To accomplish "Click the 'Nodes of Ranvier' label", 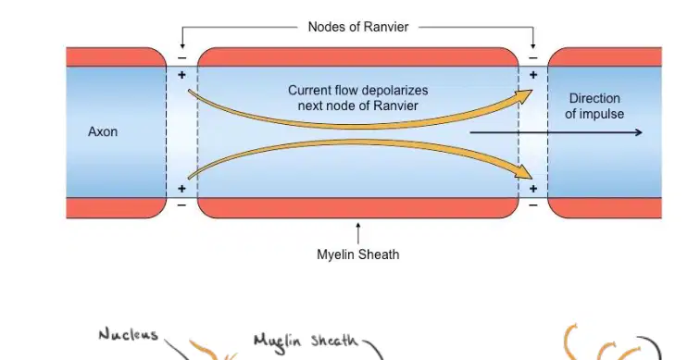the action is pos(358,27).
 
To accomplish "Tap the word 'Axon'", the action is pos(103,131).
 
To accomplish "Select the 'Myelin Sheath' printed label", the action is pos(358,254).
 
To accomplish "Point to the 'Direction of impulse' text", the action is pos(594,106).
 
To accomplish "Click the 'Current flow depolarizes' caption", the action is pos(358,91).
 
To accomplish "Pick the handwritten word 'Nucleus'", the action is pos(128,335).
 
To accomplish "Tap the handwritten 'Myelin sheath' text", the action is pos(306,341).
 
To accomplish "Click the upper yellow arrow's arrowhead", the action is pos(524,95).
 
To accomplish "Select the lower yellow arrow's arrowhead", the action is pos(524,173).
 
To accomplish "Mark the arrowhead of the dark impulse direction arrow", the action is pos(638,132).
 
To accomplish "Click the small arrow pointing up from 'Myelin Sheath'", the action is pos(358,233).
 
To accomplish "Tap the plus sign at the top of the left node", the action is pos(181,75).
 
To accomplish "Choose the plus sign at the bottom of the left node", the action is pos(181,189).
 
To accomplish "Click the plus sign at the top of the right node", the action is pos(533,75).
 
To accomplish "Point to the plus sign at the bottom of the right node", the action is pos(533,189).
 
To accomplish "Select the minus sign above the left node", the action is pos(182,58).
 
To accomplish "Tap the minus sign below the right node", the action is pos(533,205).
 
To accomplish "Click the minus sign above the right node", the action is pos(533,58).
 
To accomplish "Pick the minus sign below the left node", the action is pos(182,205).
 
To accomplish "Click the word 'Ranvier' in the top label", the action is pos(386,27).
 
